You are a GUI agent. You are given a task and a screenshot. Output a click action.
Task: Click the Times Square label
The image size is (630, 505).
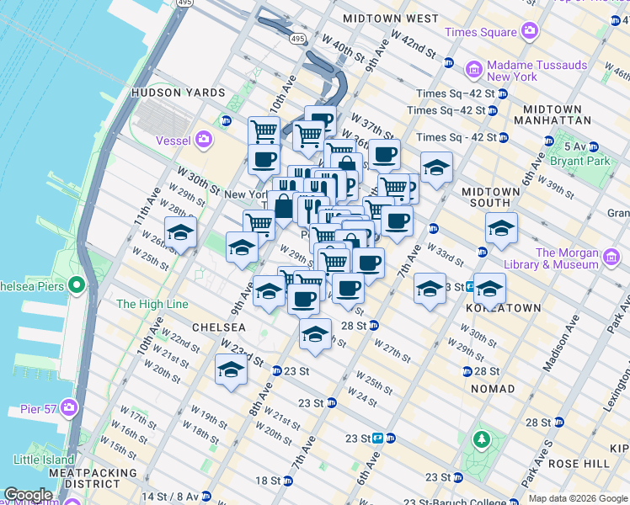point(480,32)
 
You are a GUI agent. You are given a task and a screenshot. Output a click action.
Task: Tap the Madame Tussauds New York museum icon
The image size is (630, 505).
point(474,67)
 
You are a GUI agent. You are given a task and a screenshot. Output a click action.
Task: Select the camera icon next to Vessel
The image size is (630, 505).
point(204,139)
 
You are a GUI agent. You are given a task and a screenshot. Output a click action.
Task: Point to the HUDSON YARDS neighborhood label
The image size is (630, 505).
point(177,93)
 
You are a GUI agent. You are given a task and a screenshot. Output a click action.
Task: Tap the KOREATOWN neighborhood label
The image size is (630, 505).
point(503,308)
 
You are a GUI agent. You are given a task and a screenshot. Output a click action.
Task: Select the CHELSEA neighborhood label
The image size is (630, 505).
point(218,327)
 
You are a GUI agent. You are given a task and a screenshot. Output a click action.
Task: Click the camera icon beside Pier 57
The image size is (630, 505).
point(69,409)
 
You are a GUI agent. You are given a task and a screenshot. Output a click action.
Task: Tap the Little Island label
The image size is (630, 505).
point(45,460)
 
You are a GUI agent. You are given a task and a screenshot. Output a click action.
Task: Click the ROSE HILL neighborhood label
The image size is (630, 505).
point(580,464)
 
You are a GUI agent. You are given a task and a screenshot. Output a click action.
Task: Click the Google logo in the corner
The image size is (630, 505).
point(28,495)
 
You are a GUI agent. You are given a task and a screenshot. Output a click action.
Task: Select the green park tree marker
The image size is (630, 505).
point(481,439)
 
